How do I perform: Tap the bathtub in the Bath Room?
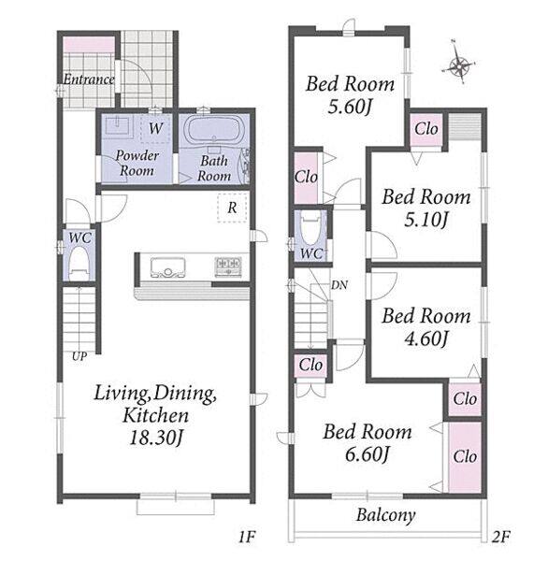214,129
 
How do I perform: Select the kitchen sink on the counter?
168,266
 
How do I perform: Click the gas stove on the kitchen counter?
228,266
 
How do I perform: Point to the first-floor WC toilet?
79,264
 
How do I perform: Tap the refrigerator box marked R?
232,208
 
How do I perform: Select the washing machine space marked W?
155,128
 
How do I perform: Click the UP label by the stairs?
79,356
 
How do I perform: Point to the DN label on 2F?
339,285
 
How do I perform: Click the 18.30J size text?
156,438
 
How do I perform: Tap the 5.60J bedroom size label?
350,106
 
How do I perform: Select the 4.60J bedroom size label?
425,338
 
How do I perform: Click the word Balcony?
386,515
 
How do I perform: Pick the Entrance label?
89,79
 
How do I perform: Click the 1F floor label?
247,537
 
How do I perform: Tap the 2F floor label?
500,537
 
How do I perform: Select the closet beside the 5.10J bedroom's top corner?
425,129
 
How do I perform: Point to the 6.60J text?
368,453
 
